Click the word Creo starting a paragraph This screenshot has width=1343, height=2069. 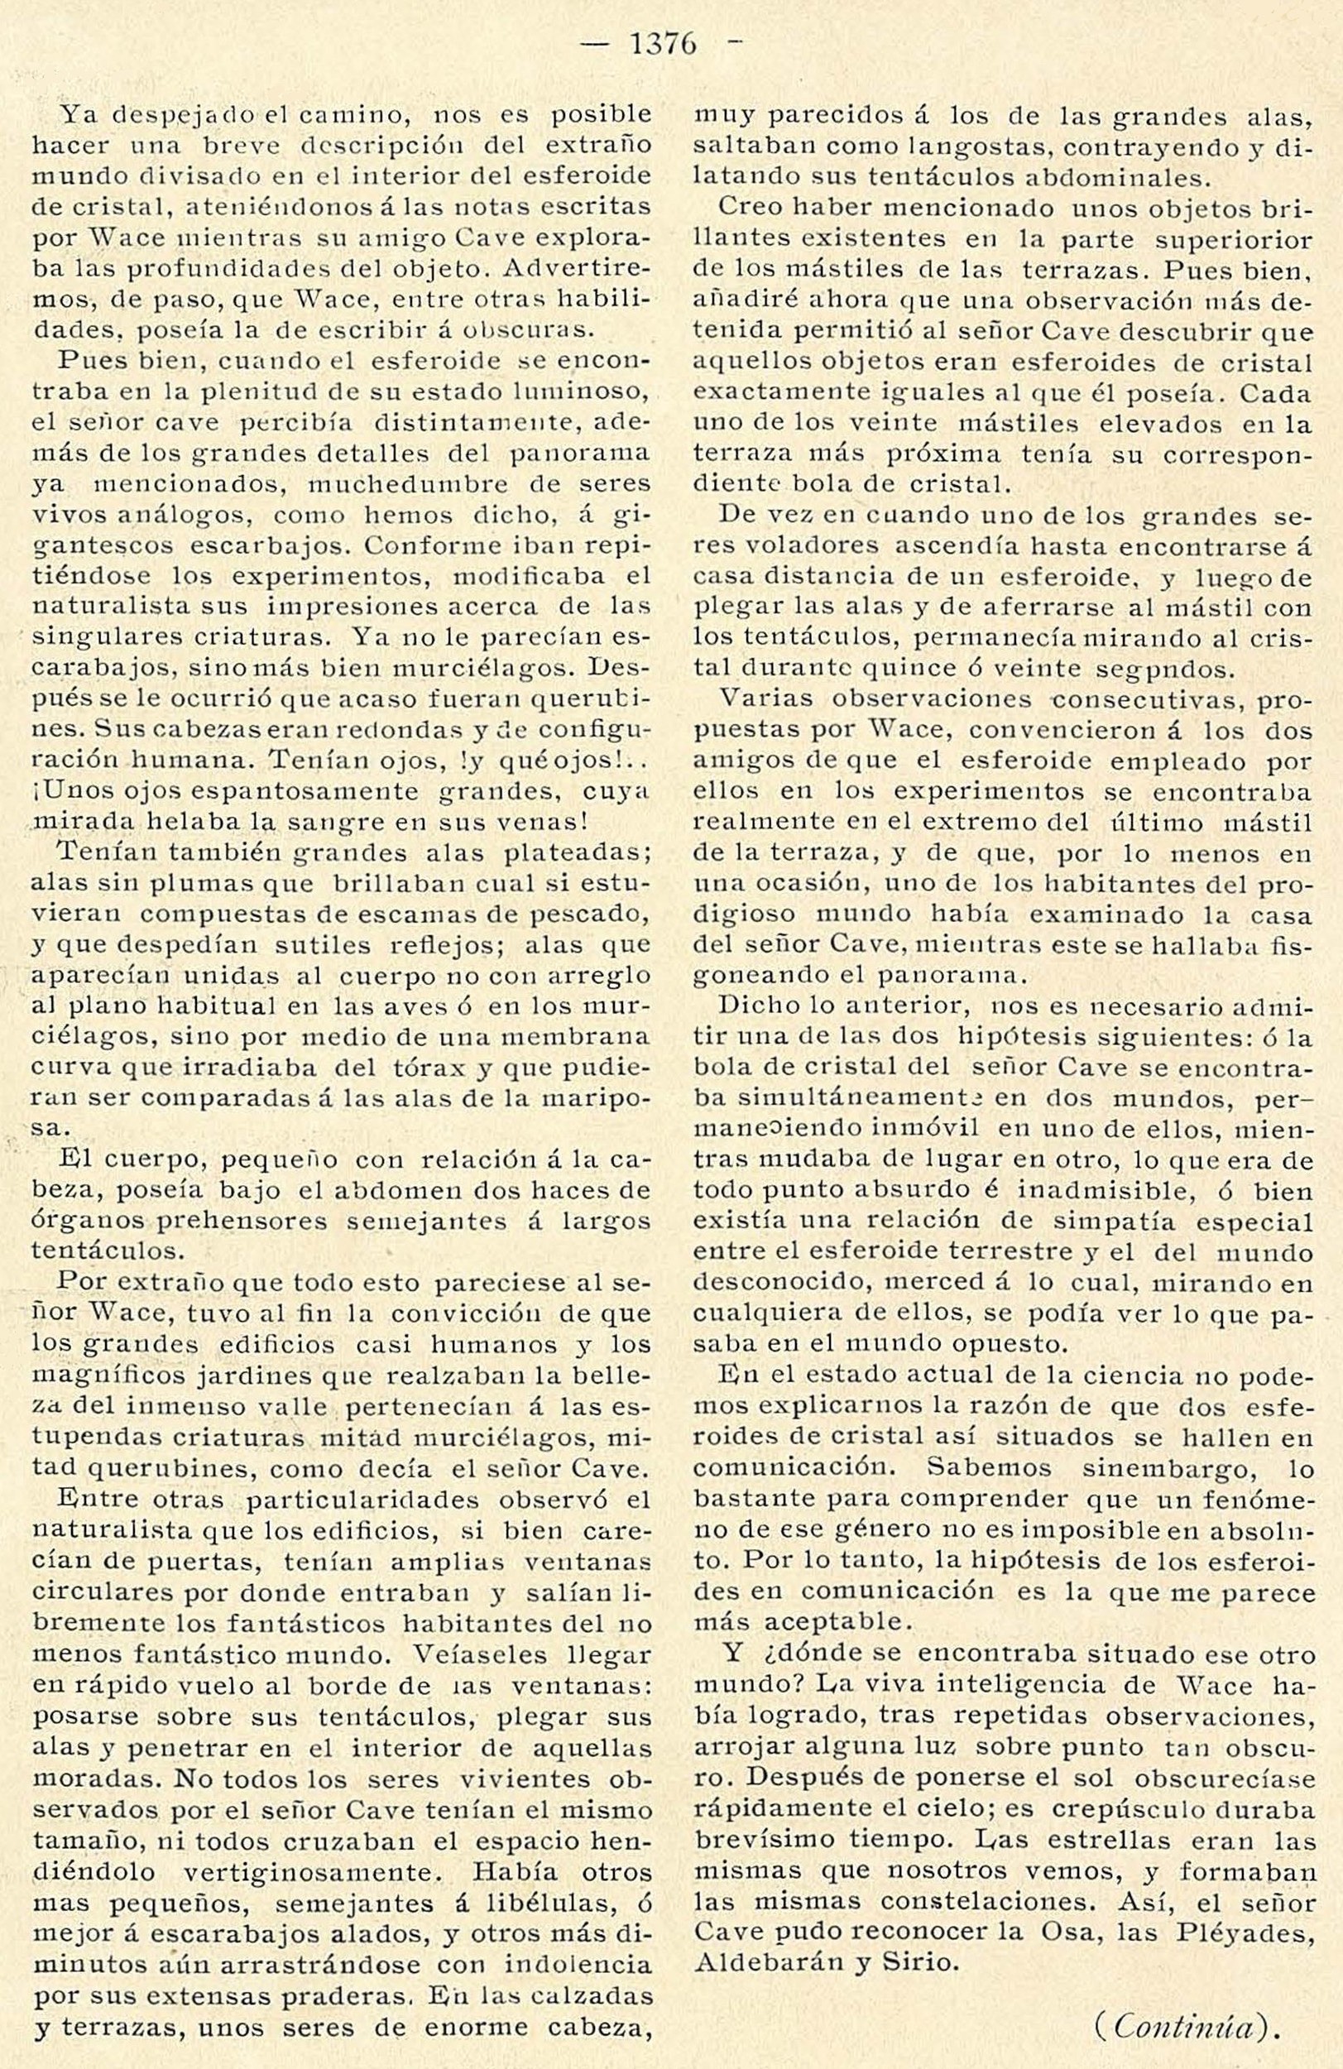(747, 209)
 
